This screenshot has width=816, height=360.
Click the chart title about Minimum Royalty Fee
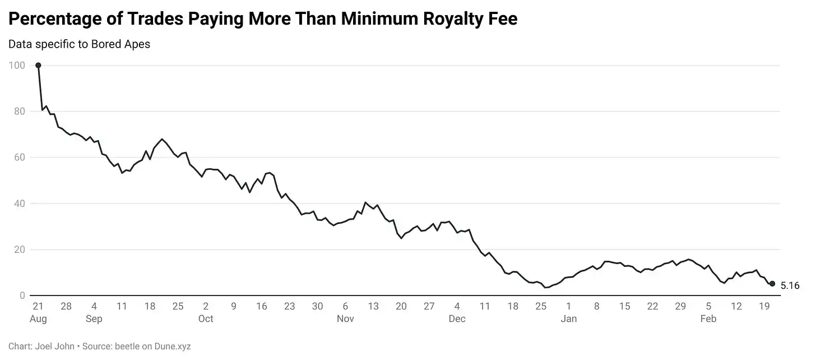tap(262, 19)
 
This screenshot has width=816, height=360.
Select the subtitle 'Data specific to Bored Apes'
tap(79, 44)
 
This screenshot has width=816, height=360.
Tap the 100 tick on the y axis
tap(17, 65)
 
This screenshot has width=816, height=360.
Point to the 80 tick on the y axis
tap(20, 111)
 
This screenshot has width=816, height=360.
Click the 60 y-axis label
tap(20, 157)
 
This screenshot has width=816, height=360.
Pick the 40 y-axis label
tap(20, 204)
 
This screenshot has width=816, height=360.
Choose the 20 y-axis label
tap(20, 250)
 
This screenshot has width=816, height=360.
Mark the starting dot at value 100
tap(38, 65)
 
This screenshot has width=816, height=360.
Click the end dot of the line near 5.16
tap(772, 284)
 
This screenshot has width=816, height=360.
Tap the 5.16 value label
tap(790, 285)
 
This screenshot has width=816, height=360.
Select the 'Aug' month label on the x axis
tap(38, 319)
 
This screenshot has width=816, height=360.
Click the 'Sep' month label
tap(94, 319)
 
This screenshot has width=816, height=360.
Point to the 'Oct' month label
tap(206, 319)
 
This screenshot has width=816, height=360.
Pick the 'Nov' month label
tap(345, 319)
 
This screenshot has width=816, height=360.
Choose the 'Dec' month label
tap(457, 319)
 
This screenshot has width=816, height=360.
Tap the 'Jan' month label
tap(569, 319)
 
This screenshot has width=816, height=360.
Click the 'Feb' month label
tap(708, 319)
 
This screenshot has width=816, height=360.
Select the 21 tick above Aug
tap(38, 306)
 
